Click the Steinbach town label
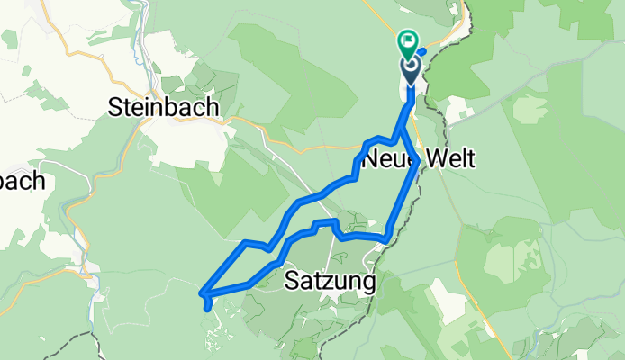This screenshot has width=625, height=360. point(162,106)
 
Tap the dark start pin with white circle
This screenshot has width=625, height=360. point(410,68)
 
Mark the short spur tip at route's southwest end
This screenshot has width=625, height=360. point(209,309)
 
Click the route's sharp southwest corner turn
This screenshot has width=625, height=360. point(203,292)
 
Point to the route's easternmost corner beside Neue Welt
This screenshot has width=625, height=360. point(416,162)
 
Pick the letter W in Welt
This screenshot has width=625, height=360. point(429,161)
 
